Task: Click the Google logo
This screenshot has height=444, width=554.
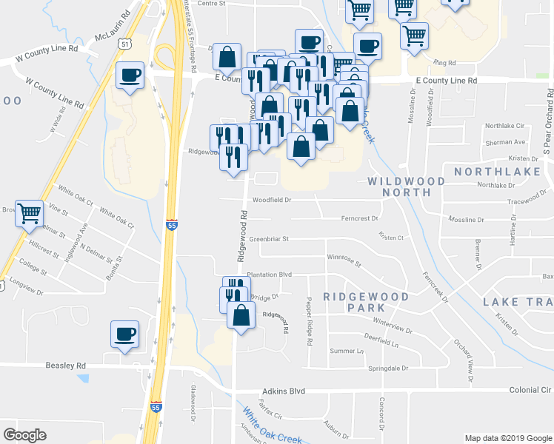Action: pyautogui.click(x=24, y=435)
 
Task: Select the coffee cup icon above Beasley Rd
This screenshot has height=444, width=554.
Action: pyautogui.click(x=124, y=334)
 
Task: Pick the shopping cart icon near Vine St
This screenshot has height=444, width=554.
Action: pyautogui.click(x=30, y=213)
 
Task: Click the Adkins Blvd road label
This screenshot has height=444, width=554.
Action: pyautogui.click(x=284, y=391)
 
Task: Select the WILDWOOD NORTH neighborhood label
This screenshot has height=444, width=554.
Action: pyautogui.click(x=407, y=186)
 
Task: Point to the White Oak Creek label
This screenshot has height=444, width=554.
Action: pyautogui.click(x=273, y=427)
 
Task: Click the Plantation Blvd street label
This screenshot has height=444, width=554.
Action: pyautogui.click(x=270, y=274)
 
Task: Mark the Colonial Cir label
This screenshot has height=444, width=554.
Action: pyautogui.click(x=530, y=390)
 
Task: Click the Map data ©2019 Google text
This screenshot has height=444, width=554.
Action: pyautogui.click(x=507, y=438)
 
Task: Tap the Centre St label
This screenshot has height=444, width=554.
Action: pyautogui.click(x=211, y=4)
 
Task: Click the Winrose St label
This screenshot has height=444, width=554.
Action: pyautogui.click(x=343, y=260)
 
